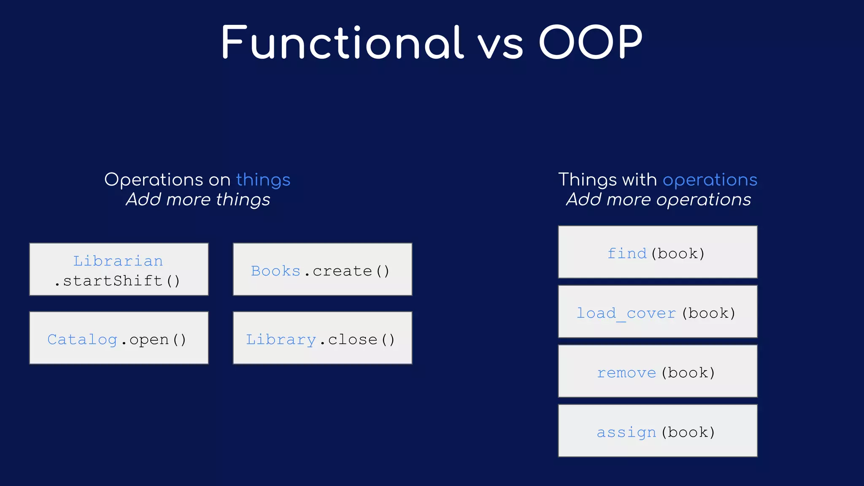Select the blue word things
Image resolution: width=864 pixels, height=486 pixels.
coord(263,180)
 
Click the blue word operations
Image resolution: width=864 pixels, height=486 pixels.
coord(710,180)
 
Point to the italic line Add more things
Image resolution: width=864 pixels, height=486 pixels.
coord(198,200)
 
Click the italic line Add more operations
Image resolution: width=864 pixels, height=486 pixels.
coord(658,200)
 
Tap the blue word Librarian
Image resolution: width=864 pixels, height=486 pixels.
coord(118,261)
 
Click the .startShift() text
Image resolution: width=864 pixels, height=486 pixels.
coord(117,281)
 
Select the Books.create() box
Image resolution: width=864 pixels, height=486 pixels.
coord(322,269)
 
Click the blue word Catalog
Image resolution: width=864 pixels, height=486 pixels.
coord(82,339)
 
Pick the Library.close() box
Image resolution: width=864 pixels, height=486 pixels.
coord(322,338)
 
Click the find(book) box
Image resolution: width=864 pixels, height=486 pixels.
coord(657,252)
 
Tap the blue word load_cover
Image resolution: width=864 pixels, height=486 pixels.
coord(626,313)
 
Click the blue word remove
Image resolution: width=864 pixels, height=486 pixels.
coord(626,373)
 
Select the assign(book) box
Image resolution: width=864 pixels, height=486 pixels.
coord(657,431)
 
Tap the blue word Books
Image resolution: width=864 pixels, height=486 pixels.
coord(275,271)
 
